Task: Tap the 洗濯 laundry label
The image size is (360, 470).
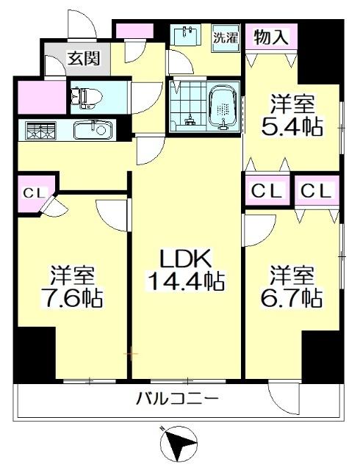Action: [226, 39]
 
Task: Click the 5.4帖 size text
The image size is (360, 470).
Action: [293, 126]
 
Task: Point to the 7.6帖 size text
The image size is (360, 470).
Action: [72, 299]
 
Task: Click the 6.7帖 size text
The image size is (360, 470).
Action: [292, 297]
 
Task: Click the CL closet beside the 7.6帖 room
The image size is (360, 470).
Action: [32, 193]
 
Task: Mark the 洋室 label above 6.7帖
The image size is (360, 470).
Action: [292, 275]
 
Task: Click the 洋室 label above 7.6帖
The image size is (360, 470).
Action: [72, 276]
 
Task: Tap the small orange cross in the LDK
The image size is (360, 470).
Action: [132, 354]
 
